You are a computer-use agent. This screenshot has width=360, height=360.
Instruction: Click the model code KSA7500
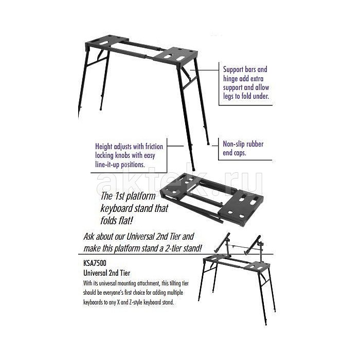95,263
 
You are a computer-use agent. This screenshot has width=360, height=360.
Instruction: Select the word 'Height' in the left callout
103,147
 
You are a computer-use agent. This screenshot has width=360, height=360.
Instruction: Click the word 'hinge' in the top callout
230,79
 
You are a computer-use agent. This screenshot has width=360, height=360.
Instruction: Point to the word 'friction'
154,146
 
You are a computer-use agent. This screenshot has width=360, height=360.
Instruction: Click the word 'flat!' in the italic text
126,221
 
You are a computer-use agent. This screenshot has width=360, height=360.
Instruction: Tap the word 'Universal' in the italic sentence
140,237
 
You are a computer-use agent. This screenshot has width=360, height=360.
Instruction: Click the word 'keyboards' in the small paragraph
93,302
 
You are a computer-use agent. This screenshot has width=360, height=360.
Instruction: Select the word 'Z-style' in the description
136,302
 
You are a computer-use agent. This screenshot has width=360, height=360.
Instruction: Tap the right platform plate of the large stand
176,56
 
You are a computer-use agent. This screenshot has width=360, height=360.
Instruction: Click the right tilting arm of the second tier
253,245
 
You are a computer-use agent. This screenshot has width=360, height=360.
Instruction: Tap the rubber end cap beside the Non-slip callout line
208,143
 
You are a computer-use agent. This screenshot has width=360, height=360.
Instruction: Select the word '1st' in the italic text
119,196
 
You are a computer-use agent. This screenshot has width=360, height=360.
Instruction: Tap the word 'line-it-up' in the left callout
107,165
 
